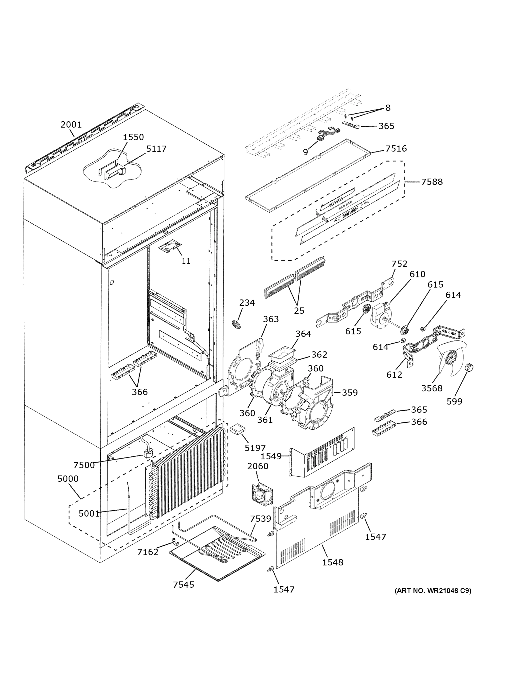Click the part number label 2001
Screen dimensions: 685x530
tap(71, 124)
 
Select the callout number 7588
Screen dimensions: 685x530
tap(432, 182)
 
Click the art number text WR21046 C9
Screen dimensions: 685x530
tap(433, 591)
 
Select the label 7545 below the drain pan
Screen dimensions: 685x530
tap(183, 584)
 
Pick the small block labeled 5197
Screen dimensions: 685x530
tap(238, 429)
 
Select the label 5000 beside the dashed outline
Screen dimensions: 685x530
tap(68, 479)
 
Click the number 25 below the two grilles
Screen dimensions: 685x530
tap(299, 311)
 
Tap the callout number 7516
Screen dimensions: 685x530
tap(396, 148)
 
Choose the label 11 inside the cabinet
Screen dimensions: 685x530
tap(186, 261)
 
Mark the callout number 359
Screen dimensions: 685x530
tap(349, 392)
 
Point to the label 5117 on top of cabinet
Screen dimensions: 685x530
tap(156, 149)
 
